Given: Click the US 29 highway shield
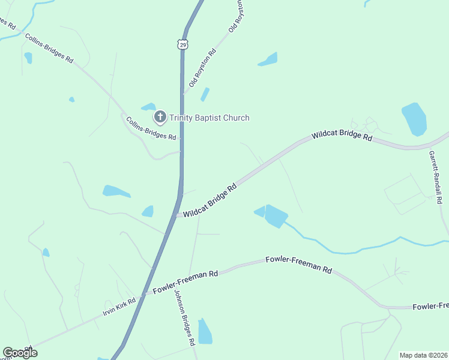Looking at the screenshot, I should point(182,44).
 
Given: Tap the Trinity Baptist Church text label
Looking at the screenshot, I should point(209,118).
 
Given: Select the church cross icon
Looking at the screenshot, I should point(160,116).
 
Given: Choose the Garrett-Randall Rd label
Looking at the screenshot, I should point(435,177).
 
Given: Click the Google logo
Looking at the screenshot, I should point(20,352).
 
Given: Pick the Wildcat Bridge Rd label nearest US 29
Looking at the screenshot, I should point(210,200).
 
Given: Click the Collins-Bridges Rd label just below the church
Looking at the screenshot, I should point(151,128).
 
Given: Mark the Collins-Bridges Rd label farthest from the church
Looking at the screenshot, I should point(49,48).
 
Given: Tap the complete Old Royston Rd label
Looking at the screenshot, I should point(202,67).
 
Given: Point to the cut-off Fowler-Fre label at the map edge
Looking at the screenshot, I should point(430,307).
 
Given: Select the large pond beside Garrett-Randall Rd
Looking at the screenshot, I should point(414,118).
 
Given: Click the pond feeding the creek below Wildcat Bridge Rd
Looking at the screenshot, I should point(274,215).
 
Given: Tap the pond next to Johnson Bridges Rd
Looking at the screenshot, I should point(205,331).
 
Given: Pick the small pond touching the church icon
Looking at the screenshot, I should point(148,107).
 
